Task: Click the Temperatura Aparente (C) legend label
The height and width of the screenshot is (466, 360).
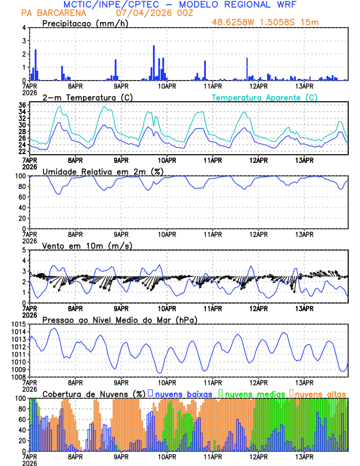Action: pyautogui.click(x=265, y=97)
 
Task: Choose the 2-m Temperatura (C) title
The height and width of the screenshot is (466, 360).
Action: pyautogui.click(x=85, y=97)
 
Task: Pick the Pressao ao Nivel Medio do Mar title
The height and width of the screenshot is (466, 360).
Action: pyautogui.click(x=120, y=319)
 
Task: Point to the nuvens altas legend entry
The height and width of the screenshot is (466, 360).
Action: pyautogui.click(x=320, y=393)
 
